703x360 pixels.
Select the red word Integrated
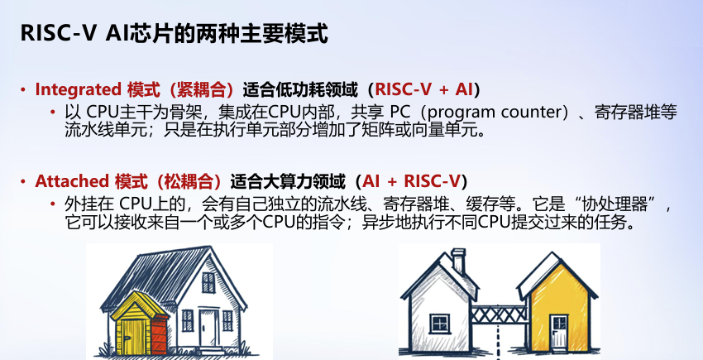[78, 90]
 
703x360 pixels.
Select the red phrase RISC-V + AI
[423, 90]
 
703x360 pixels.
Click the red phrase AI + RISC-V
[412, 181]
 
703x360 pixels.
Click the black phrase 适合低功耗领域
[300, 90]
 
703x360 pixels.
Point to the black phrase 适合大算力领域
[288, 181]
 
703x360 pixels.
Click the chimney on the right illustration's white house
[458, 261]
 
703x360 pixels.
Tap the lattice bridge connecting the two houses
[499, 314]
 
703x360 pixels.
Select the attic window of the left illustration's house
[208, 283]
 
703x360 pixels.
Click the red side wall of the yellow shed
[159, 336]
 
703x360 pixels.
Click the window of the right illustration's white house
[439, 324]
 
